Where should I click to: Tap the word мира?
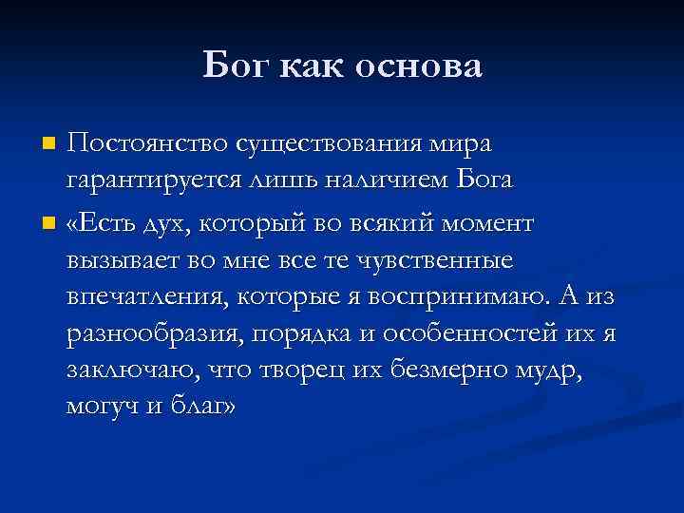click(x=459, y=144)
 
